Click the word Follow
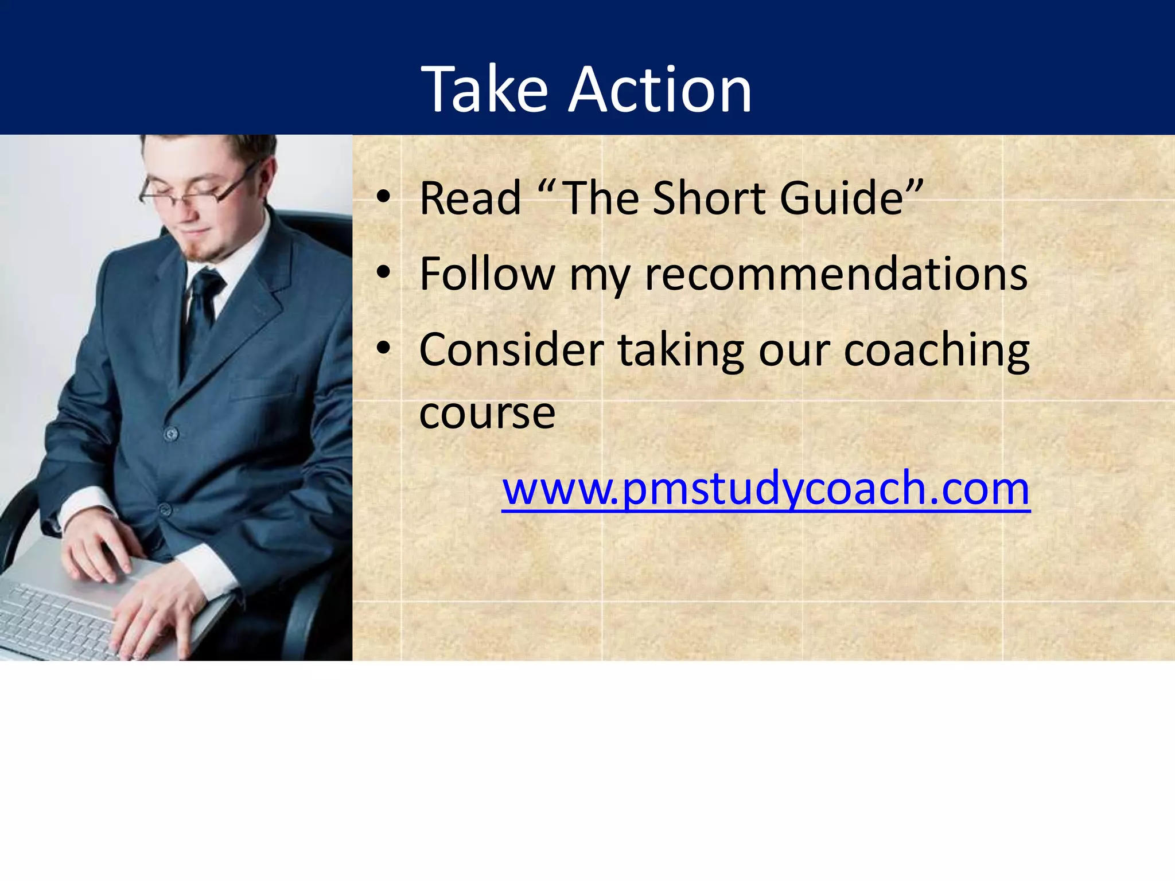pyautogui.click(x=487, y=274)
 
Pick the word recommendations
pyautogui.click(x=836, y=274)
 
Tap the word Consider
pyautogui.click(x=511, y=350)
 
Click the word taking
pyautogui.click(x=680, y=351)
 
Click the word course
pyautogui.click(x=487, y=413)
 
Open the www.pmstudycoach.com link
pyautogui.click(x=766, y=489)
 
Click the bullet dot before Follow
pyautogui.click(x=383, y=274)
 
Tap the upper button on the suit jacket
pyautogui.click(x=171, y=434)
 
